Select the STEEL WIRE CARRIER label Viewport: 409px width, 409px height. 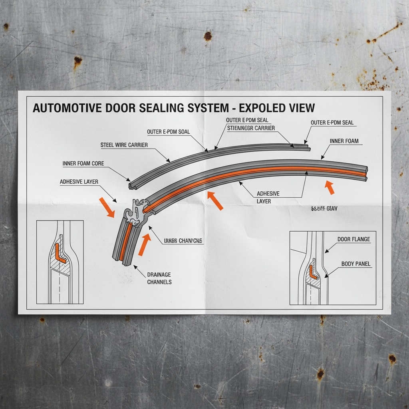pyautogui.click(x=124, y=145)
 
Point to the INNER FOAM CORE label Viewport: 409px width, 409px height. pyautogui.click(x=83, y=164)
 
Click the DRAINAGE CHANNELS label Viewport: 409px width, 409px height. pyautogui.click(x=159, y=278)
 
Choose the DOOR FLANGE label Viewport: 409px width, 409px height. pyautogui.click(x=353, y=239)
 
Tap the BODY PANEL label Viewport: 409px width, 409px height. pyautogui.click(x=355, y=264)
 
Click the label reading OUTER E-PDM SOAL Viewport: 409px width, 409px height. pyautogui.click(x=168, y=132)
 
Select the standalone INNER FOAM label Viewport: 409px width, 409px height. pyautogui.click(x=344, y=141)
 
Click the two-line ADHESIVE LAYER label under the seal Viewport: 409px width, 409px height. pyautogui.click(x=268, y=197)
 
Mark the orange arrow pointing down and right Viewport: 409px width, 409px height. pyautogui.click(x=107, y=207)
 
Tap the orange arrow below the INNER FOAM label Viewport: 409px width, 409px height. pyautogui.click(x=330, y=187)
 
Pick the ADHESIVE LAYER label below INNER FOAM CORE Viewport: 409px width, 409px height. pyautogui.click(x=79, y=182)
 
